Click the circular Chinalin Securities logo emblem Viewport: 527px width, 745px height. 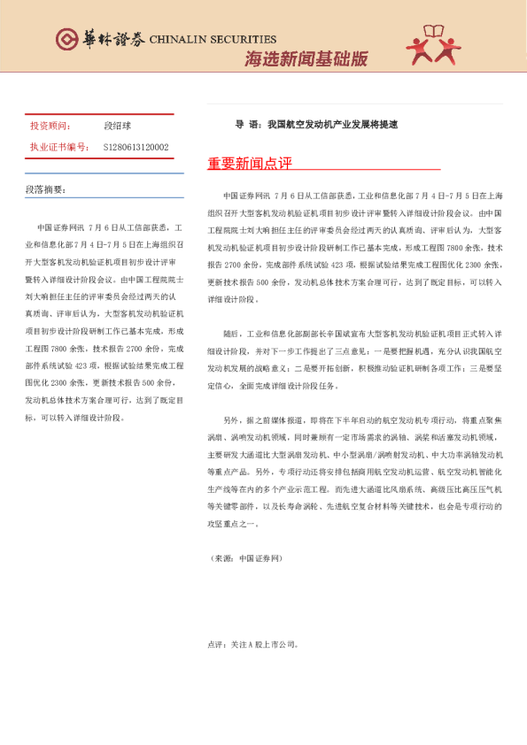(66, 39)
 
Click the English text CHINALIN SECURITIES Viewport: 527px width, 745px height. (213, 40)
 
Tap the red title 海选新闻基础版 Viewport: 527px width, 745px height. (306, 59)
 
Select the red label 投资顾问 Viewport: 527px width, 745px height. (48, 127)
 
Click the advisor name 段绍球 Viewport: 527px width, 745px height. (119, 127)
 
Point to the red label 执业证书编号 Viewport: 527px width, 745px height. (57, 147)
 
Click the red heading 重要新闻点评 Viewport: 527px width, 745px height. (249, 164)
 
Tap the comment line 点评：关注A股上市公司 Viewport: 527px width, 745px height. (259, 645)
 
